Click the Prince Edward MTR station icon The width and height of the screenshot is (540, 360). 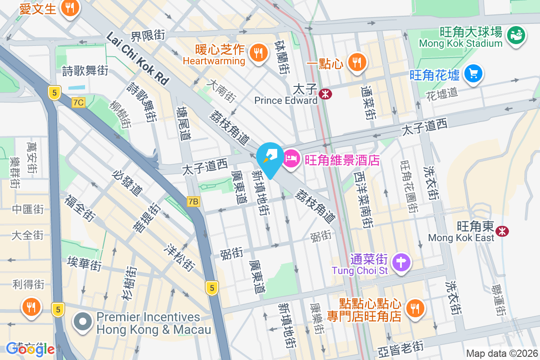(x=324, y=94)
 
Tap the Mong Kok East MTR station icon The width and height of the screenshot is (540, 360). (x=502, y=231)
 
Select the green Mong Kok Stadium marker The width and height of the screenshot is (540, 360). (x=516, y=35)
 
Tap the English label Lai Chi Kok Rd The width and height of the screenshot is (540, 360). (x=137, y=58)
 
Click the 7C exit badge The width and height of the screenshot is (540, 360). (x=78, y=103)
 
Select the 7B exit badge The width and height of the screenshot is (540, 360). (x=193, y=202)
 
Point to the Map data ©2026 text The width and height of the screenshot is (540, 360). (x=502, y=353)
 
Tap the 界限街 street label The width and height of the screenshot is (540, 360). (x=148, y=35)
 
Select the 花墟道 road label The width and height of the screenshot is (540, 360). (x=441, y=93)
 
